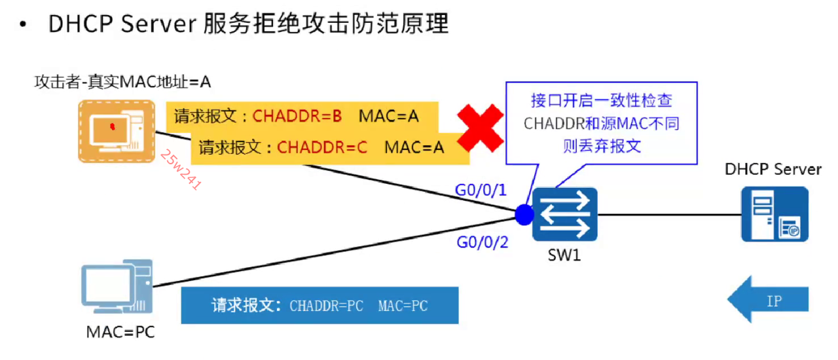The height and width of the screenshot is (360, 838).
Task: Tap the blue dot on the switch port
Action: coord(524,215)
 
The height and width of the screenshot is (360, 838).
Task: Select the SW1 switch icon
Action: coord(565,215)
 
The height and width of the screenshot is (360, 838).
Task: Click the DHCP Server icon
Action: coord(774,214)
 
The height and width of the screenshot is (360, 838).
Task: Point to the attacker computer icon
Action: coord(116,131)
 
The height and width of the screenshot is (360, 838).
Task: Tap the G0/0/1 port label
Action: coord(481,190)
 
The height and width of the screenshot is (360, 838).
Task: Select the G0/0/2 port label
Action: coord(481,243)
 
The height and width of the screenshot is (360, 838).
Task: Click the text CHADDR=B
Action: coord(297,117)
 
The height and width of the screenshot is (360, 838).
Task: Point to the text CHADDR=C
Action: coord(321,147)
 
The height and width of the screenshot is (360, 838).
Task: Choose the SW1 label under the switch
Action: coord(564,255)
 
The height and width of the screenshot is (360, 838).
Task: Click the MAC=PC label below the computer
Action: coord(120,332)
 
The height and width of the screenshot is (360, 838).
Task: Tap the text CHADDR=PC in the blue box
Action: coord(326,306)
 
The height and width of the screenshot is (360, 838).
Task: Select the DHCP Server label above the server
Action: coord(773,170)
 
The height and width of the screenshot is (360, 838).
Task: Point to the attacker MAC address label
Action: coord(122,82)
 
